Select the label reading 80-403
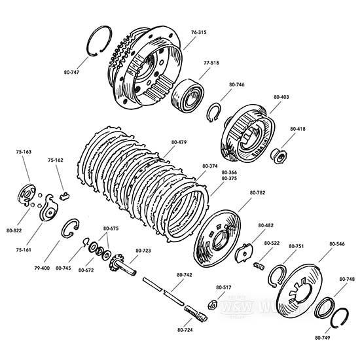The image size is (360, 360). point(281,98)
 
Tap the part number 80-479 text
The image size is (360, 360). point(178,142)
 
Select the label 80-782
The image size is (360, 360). point(257,193)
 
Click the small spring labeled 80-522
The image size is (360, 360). point(259,265)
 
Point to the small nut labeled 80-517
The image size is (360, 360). point(213,303)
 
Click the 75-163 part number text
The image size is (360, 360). point(24,152)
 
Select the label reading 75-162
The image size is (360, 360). point(56,160)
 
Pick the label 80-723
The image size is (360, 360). point(143,251)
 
